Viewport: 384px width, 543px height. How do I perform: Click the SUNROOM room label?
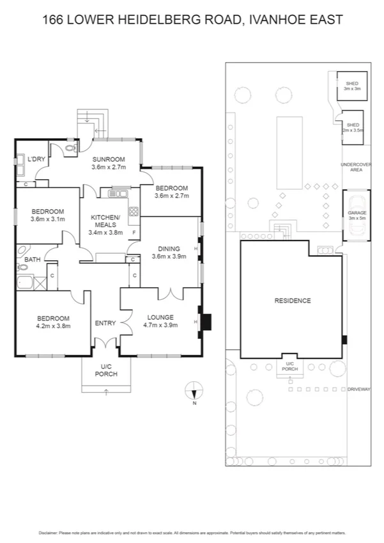click(108, 159)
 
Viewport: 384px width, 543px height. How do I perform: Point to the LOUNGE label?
click(160, 317)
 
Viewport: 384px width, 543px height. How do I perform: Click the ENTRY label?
click(105, 323)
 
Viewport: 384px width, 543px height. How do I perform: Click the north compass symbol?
click(195, 389)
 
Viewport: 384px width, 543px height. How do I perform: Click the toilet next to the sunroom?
click(70, 148)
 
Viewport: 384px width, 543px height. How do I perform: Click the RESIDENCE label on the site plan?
click(292, 301)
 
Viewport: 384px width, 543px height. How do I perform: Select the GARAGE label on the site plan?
click(356, 212)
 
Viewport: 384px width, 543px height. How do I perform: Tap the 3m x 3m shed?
click(352, 86)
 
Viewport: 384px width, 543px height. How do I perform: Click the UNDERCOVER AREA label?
click(357, 168)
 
